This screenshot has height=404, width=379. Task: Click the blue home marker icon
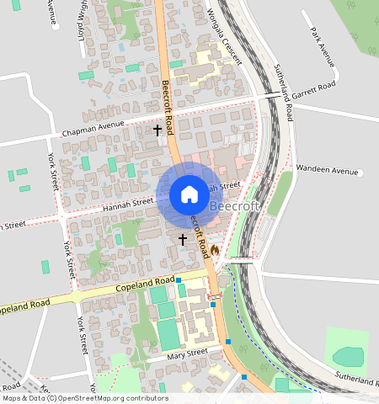pyautogui.click(x=189, y=195)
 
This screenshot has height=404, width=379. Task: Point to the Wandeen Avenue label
pyautogui.click(x=328, y=170)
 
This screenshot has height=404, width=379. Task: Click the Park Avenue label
pyautogui.click(x=322, y=49)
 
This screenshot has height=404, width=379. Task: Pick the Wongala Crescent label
pyautogui.click(x=224, y=37)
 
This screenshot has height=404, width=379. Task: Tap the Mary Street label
pyautogui.click(x=187, y=353)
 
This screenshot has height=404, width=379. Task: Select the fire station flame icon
pyautogui.click(x=215, y=250)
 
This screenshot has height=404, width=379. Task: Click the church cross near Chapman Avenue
pyautogui.click(x=157, y=130)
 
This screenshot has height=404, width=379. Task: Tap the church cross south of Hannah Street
pyautogui.click(x=183, y=240)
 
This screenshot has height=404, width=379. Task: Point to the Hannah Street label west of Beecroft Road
pyautogui.click(x=127, y=203)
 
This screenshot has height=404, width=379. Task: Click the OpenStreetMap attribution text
pyautogui.click(x=84, y=398)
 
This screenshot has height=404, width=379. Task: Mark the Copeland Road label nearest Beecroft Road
pyautogui.click(x=144, y=284)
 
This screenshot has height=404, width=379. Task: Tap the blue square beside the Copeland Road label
pyautogui.click(x=179, y=279)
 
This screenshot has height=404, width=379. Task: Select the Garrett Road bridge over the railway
pyautogui.click(x=268, y=97)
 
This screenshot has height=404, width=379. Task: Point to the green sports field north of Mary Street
pyautogui.click(x=168, y=335)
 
